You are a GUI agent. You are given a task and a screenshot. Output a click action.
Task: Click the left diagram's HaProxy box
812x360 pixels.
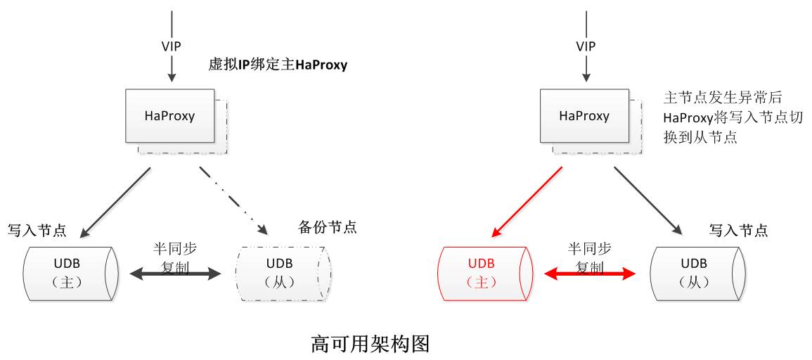click(x=169, y=115)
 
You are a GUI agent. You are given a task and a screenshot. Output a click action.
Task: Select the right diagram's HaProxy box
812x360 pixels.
click(x=584, y=115)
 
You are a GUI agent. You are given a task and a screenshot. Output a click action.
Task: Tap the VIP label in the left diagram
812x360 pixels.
click(x=171, y=46)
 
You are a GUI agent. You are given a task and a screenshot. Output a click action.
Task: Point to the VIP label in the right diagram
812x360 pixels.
click(x=586, y=46)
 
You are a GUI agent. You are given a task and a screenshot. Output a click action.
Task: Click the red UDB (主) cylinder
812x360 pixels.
click(x=482, y=273)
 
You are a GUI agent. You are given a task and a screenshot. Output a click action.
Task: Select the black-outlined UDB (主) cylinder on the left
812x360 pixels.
click(x=68, y=273)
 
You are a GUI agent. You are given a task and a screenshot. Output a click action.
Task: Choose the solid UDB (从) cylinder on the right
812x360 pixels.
click(x=694, y=273)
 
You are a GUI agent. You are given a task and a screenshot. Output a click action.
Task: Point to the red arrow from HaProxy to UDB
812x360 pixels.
click(x=527, y=201)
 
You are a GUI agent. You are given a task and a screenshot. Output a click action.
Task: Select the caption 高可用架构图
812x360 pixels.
click(x=370, y=345)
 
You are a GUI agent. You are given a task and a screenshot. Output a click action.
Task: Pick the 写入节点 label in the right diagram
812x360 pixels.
click(x=737, y=230)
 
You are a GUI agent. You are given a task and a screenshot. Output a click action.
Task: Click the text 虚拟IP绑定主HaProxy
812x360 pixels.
click(x=278, y=65)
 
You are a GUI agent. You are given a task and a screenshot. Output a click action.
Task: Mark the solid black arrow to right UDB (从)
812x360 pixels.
click(x=648, y=200)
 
